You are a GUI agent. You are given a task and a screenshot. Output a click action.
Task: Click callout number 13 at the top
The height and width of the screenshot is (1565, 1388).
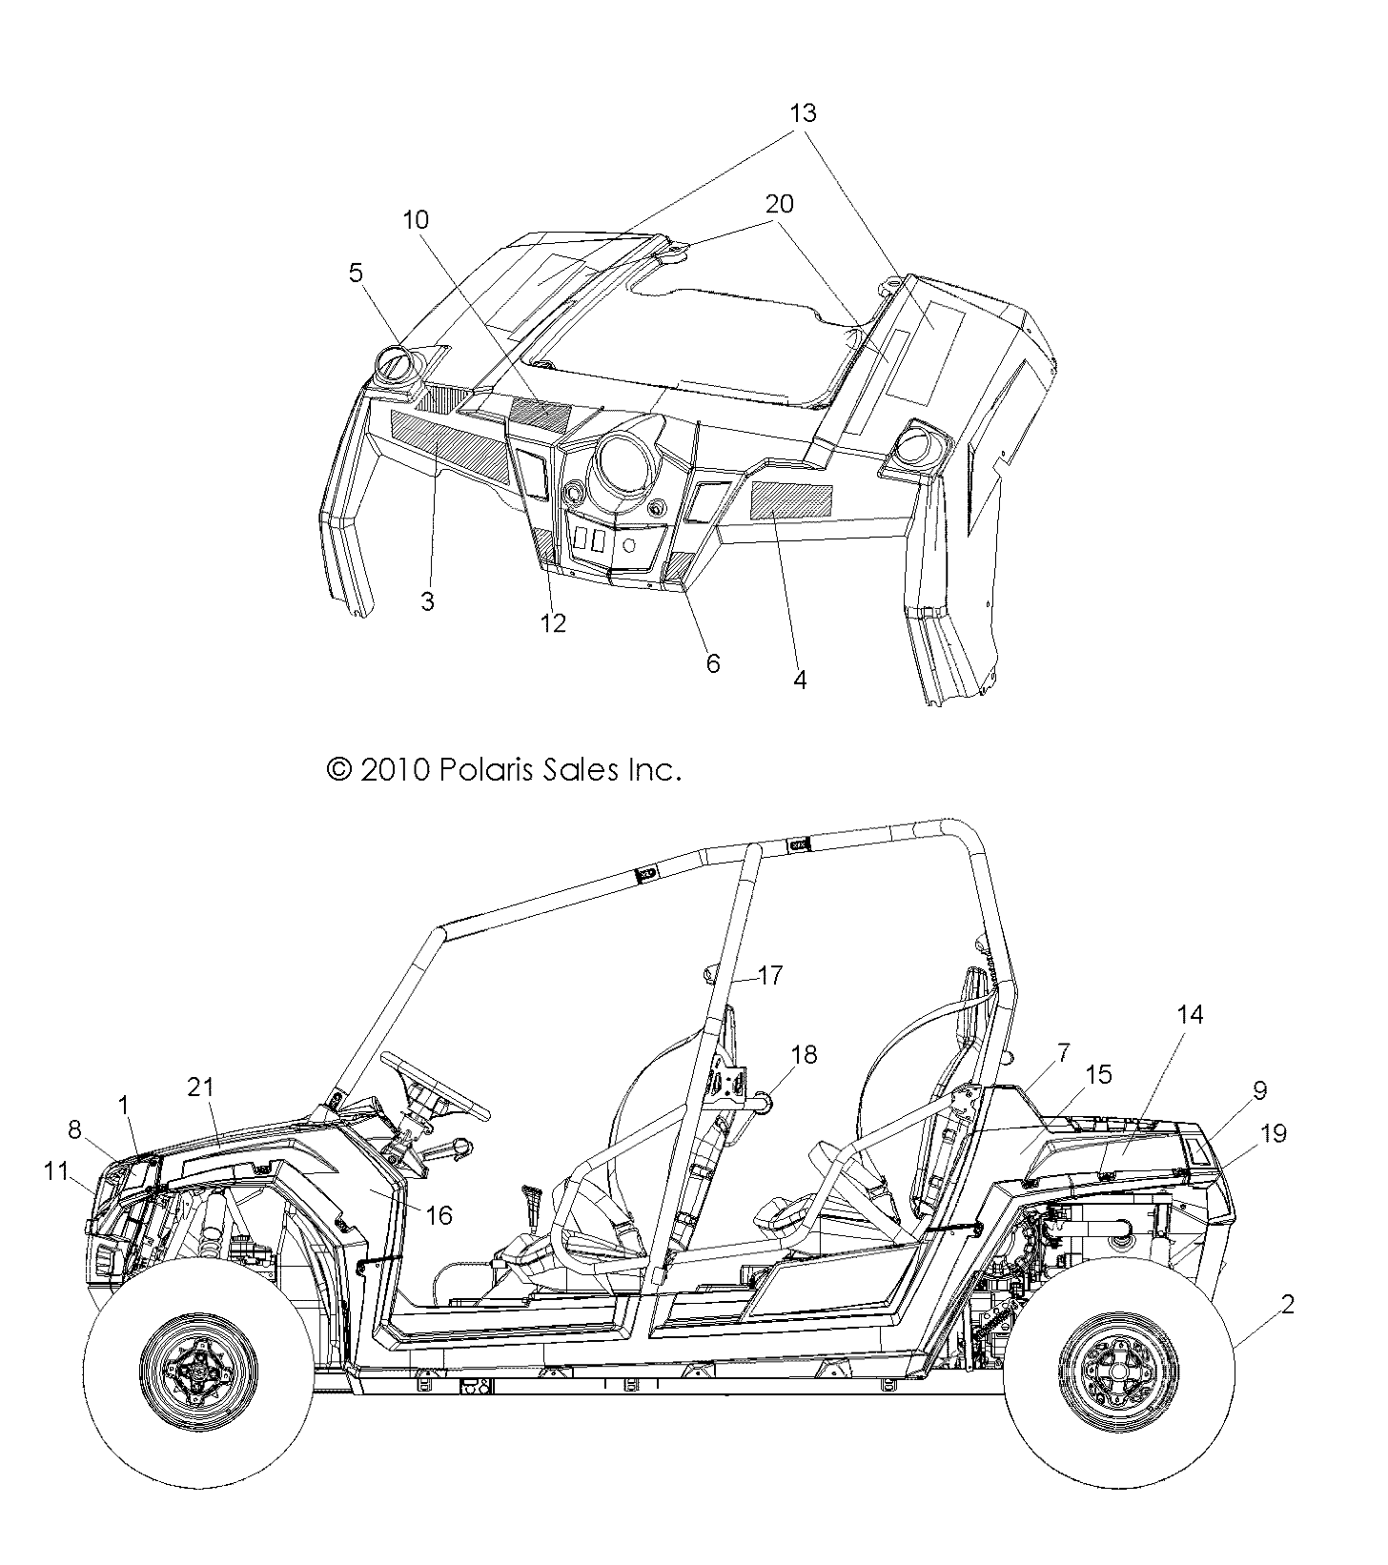(803, 113)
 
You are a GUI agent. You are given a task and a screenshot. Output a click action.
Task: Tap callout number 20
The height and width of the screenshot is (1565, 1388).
(778, 204)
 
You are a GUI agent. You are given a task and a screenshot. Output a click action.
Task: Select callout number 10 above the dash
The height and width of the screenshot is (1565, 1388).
(415, 220)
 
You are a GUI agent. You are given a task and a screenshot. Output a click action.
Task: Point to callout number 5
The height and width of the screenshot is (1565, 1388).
(355, 274)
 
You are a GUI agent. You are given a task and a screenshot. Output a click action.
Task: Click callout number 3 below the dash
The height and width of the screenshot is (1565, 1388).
(427, 601)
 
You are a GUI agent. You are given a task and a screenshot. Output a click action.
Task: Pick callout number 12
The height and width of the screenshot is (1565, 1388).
(553, 623)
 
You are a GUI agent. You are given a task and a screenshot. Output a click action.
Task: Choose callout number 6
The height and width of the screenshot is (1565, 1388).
(712, 662)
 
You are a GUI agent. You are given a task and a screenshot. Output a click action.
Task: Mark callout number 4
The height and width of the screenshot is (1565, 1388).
(800, 680)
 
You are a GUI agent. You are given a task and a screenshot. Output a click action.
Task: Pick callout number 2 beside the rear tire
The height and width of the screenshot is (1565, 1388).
(1287, 1305)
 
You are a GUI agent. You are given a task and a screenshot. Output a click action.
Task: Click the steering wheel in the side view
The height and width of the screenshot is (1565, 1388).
(435, 1087)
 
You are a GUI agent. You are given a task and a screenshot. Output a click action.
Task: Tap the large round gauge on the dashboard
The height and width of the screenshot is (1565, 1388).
(625, 466)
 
